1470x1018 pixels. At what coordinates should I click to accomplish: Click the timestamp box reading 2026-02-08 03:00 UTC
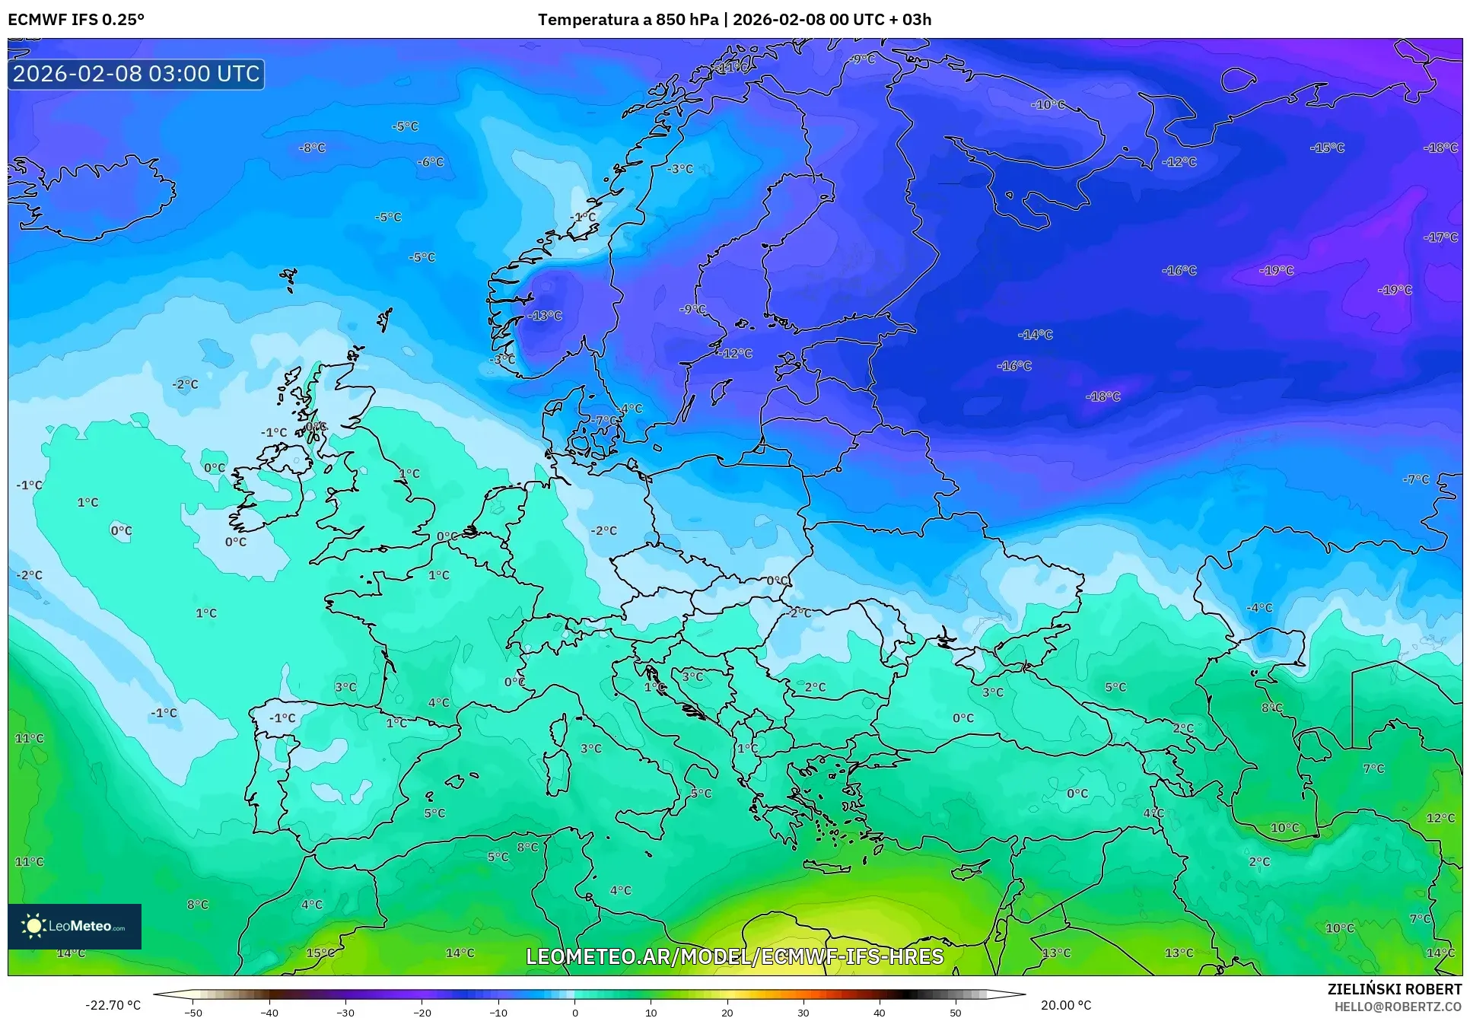coord(136,74)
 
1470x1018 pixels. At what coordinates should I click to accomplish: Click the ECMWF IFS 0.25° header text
coord(75,20)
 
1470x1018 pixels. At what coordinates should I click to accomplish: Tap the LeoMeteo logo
coord(75,926)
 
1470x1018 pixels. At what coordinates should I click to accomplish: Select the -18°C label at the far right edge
coord(1440,148)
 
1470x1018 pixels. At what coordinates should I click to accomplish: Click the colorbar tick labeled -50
coord(193,1012)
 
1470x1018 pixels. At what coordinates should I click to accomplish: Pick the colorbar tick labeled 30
coord(803,1012)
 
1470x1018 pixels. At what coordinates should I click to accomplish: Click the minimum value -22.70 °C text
coord(113,1005)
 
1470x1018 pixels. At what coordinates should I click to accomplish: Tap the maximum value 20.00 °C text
coord(1066,1005)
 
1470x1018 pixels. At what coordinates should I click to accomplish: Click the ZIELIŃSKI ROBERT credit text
coord(1394,989)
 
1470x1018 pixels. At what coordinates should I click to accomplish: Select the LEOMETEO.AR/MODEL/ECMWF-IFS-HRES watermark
coord(734,956)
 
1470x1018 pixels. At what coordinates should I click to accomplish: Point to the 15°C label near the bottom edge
coord(320,953)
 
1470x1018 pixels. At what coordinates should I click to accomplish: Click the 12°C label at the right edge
coord(1440,818)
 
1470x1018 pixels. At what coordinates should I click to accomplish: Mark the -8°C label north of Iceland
coord(312,148)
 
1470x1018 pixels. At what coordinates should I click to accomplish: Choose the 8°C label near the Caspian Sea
coord(1271,708)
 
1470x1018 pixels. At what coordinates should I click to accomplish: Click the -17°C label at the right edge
coord(1440,237)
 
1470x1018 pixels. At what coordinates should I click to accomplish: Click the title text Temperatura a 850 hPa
coord(628,20)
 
